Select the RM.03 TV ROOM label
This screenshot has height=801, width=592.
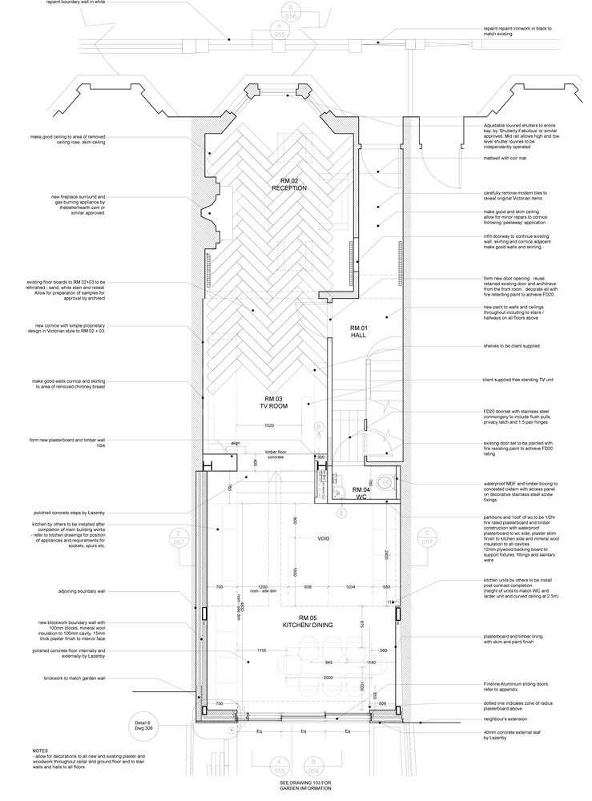[274, 402]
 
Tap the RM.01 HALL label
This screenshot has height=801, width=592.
[357, 332]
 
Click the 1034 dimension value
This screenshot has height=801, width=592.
[350, 587]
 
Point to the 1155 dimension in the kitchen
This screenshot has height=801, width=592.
[260, 650]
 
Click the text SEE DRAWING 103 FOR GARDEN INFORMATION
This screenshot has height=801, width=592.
[296, 791]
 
